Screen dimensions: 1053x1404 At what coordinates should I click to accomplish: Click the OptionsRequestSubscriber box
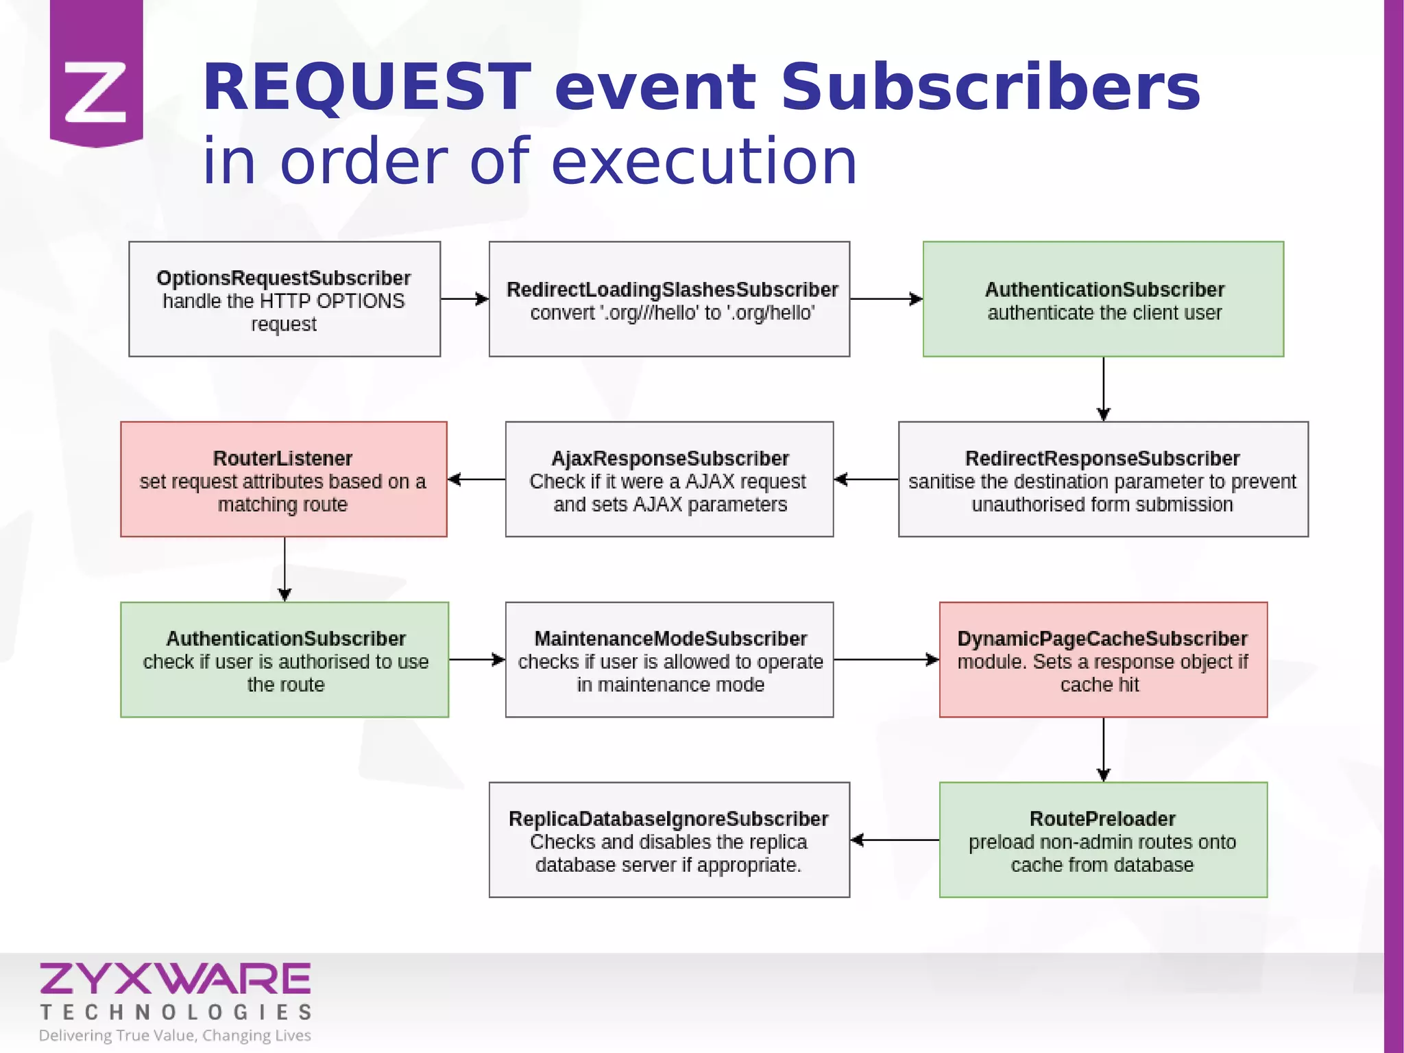[x=284, y=299]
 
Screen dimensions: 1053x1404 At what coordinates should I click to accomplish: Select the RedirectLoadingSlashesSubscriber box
[x=669, y=299]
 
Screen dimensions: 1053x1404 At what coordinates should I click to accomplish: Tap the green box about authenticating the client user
[x=1103, y=299]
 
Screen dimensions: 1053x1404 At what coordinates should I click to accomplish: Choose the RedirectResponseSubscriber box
[x=1103, y=480]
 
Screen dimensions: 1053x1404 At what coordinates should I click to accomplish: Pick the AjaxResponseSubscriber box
[x=669, y=480]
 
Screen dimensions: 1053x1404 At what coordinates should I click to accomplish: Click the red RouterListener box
[x=284, y=480]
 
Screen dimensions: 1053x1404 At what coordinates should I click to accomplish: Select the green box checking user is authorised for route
[x=285, y=660]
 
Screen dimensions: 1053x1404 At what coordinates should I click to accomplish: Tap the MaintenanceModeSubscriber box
[x=669, y=660]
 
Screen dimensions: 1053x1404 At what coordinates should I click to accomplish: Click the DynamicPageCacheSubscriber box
[x=1103, y=660]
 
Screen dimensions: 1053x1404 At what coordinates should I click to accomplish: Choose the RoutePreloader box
[x=1103, y=840]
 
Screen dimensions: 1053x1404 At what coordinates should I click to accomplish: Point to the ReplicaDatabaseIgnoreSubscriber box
[x=669, y=840]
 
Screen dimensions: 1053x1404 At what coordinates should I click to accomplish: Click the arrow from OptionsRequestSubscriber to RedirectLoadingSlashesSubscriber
[x=464, y=299]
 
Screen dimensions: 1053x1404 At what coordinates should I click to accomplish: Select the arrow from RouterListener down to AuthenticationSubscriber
[x=285, y=569]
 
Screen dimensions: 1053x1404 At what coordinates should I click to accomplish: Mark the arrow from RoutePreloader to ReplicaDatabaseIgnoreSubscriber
[x=895, y=840]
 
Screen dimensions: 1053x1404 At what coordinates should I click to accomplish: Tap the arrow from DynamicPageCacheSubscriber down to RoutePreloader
[x=1103, y=749]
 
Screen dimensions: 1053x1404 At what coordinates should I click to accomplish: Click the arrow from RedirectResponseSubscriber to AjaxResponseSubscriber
[x=866, y=480]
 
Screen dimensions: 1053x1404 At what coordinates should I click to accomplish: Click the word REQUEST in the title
[x=367, y=88]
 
